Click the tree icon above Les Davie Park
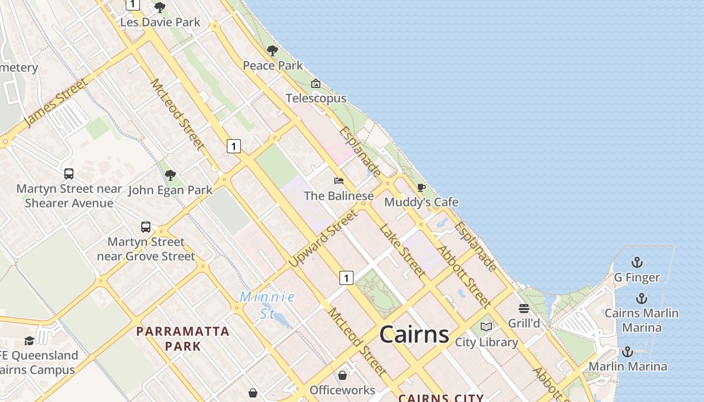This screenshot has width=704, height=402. (x=160, y=8)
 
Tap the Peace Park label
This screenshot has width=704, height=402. (x=273, y=65)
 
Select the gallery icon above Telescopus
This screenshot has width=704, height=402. (x=315, y=83)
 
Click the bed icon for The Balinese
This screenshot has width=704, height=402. (x=339, y=181)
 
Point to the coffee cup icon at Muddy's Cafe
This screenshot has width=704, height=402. (x=421, y=188)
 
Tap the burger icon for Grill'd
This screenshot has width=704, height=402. (x=524, y=308)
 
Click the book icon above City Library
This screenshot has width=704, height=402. (x=486, y=327)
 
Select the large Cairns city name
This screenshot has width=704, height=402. (x=414, y=334)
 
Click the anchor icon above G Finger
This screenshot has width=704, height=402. (x=637, y=262)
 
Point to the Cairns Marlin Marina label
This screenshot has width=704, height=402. (x=642, y=320)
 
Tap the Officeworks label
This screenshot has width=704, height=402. (x=342, y=390)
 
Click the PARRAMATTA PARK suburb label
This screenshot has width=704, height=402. (x=183, y=339)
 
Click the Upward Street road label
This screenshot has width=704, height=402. (x=323, y=238)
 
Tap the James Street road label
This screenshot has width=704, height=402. (x=55, y=103)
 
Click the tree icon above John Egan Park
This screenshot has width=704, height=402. (x=170, y=175)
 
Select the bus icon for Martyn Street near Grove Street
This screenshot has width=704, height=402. (x=146, y=227)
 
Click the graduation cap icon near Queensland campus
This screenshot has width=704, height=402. (x=29, y=341)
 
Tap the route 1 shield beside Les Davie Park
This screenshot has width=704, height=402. (x=132, y=5)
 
